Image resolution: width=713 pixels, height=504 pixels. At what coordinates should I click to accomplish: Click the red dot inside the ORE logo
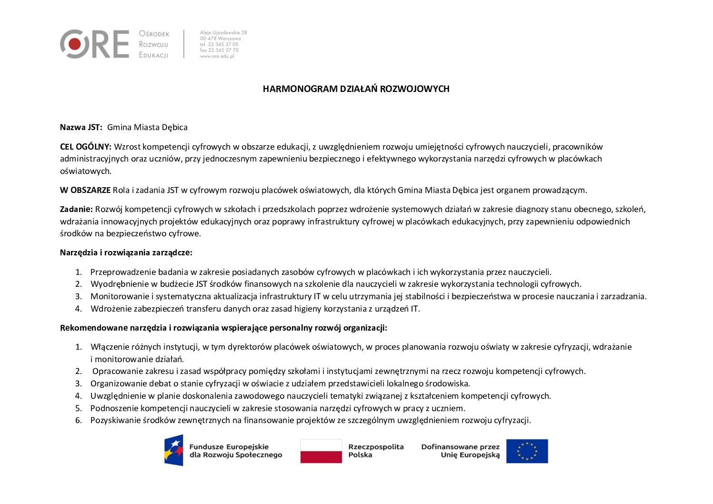[75, 44]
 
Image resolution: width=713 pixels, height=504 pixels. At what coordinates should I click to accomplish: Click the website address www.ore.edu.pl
[217, 56]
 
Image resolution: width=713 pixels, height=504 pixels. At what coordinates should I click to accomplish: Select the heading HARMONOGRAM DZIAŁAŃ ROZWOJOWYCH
[356, 89]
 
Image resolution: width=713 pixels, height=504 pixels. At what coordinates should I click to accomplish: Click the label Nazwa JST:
[81, 127]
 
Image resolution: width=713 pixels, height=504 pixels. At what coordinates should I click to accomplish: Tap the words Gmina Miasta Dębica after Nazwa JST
[147, 127]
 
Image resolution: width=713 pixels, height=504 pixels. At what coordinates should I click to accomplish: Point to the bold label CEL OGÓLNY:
[86, 147]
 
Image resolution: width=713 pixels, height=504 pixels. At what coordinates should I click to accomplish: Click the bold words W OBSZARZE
[85, 190]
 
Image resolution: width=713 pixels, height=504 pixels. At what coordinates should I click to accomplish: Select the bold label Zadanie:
[76, 209]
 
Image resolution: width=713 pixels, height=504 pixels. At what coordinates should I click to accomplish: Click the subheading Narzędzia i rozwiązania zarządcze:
[126, 252]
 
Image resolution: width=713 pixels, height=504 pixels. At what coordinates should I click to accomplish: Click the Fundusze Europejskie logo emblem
[174, 450]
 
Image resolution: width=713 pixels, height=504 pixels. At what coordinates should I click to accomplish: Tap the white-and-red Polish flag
[321, 451]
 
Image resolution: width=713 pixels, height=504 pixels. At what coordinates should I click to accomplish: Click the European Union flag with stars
[527, 451]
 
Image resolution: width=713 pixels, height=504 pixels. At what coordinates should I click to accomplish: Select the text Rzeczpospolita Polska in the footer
[376, 451]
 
